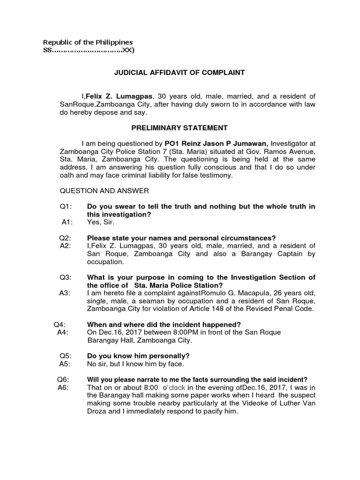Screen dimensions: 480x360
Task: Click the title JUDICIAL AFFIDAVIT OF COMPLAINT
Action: (180, 73)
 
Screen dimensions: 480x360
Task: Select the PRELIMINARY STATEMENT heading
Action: (180, 128)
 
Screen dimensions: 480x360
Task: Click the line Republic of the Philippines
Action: (88, 42)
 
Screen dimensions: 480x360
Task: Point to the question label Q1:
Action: (65, 207)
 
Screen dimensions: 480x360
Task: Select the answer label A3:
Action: (65, 293)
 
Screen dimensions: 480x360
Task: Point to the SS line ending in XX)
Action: (88, 51)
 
